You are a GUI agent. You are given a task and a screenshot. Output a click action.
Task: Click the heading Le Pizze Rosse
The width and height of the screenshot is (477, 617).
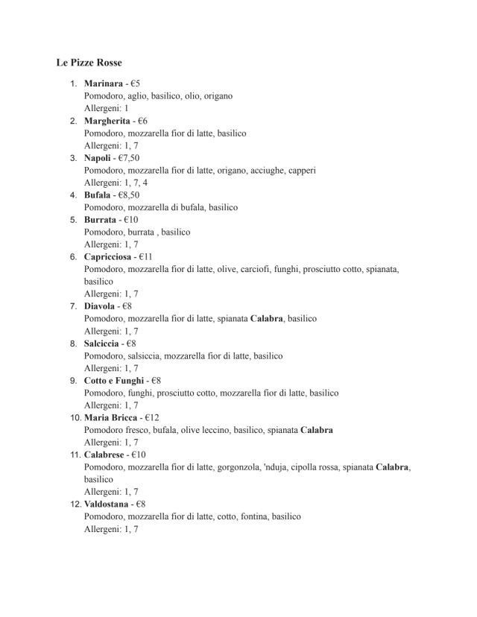(x=89, y=62)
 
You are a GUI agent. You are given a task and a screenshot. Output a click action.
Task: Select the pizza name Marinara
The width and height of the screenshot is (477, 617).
(x=103, y=83)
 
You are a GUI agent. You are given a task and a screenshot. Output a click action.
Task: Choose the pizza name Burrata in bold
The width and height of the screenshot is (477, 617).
(x=100, y=220)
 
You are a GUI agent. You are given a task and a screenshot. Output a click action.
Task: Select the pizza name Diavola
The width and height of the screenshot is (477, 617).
(x=100, y=306)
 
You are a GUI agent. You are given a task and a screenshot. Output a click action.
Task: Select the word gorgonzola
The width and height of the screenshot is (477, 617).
(x=238, y=467)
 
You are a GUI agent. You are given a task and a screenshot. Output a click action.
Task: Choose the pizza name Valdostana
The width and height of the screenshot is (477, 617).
(x=106, y=504)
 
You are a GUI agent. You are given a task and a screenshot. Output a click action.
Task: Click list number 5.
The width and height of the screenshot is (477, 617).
(x=74, y=220)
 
